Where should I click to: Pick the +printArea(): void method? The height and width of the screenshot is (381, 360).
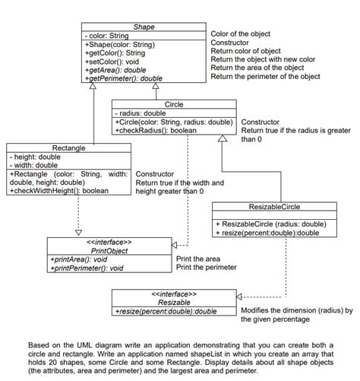(79, 259)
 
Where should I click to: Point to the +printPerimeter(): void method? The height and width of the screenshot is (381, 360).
(87, 267)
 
